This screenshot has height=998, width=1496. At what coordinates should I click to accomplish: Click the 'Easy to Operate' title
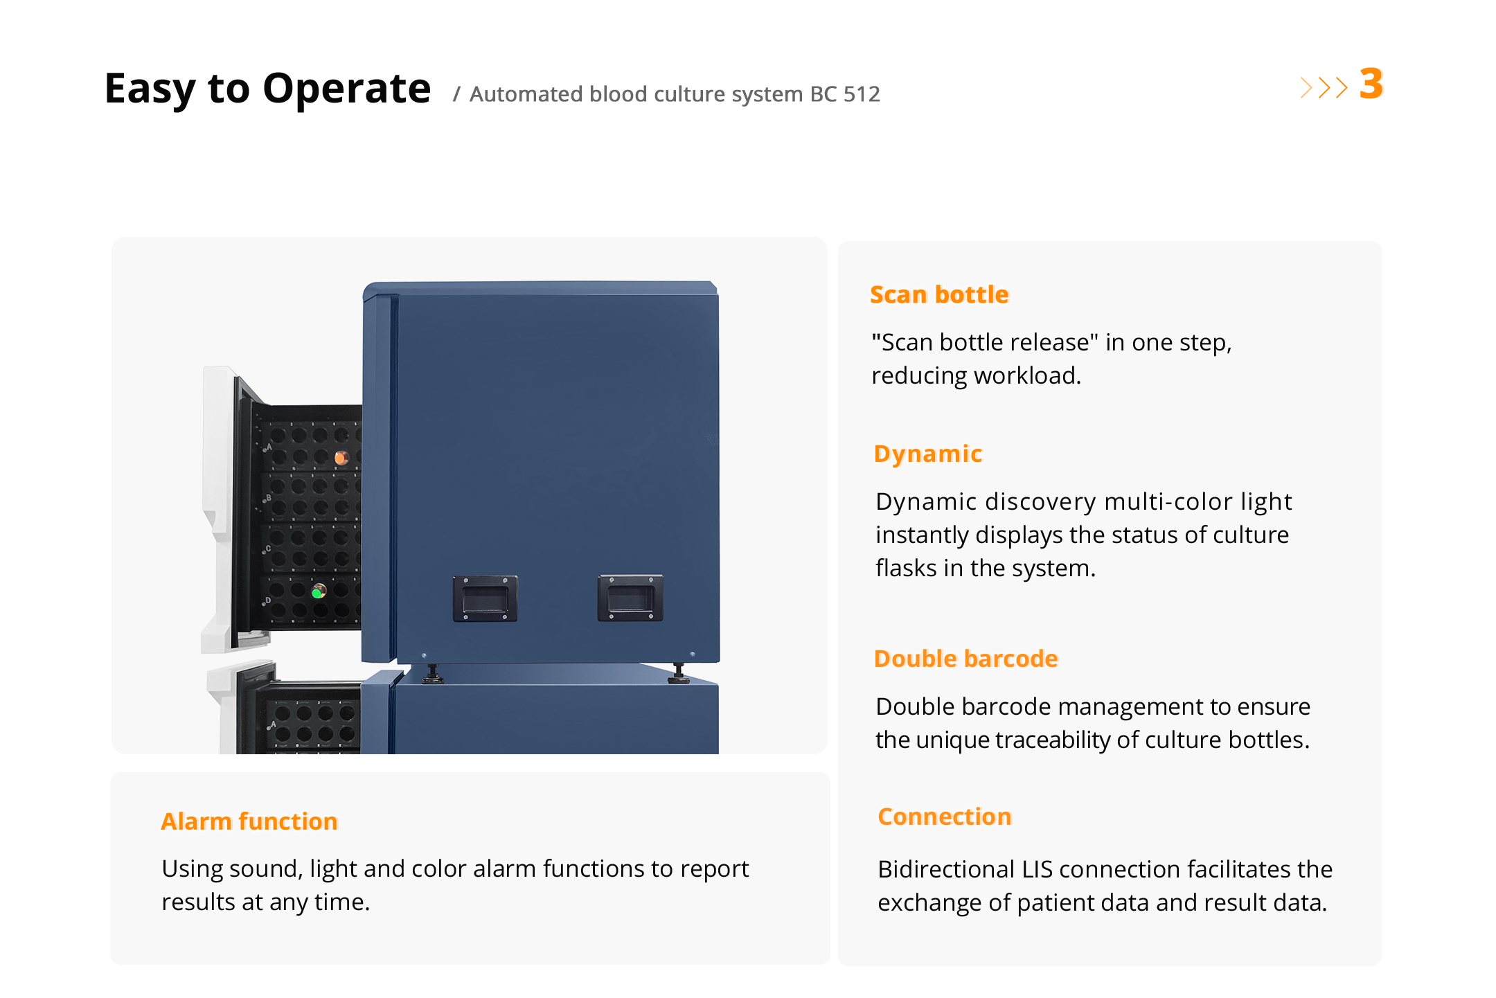tap(267, 89)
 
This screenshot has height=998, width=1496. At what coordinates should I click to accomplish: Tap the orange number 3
tap(1371, 84)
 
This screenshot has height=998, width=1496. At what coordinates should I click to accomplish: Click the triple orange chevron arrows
tap(1324, 87)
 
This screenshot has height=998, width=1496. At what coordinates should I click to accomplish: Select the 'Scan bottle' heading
tap(939, 294)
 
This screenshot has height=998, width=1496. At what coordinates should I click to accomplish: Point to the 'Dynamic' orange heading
tap(928, 454)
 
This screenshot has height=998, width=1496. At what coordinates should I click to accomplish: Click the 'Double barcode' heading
tap(966, 659)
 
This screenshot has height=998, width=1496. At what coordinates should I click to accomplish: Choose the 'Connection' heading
tap(945, 817)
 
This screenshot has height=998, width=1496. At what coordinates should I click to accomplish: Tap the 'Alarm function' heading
tap(249, 821)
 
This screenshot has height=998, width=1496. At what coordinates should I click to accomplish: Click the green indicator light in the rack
tap(319, 591)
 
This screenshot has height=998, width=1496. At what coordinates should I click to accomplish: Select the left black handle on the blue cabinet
tap(485, 598)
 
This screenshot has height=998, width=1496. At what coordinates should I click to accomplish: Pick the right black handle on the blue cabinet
tap(630, 598)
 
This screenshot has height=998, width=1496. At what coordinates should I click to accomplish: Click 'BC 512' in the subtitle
tap(845, 93)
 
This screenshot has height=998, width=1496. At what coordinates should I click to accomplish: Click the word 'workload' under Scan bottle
tap(1028, 375)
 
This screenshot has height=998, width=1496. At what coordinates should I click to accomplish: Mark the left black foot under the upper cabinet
tap(432, 674)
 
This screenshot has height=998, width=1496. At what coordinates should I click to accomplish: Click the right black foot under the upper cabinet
tap(679, 672)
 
